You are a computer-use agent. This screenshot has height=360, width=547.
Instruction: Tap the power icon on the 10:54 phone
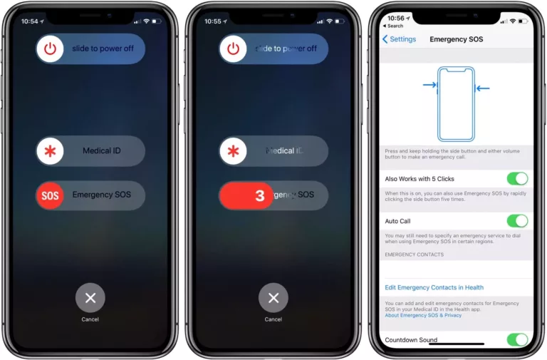click(50, 49)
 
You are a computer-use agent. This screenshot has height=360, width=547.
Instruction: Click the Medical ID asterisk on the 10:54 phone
click(50, 151)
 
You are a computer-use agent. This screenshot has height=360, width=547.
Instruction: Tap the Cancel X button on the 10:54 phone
click(90, 298)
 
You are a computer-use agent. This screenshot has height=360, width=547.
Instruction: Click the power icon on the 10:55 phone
click(233, 49)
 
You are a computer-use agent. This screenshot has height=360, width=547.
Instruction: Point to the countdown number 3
click(259, 195)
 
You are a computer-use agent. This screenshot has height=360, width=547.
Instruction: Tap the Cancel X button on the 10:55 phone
click(273, 298)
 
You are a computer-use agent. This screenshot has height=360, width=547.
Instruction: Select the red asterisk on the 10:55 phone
click(233, 151)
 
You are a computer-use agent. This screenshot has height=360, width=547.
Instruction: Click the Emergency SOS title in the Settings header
click(456, 39)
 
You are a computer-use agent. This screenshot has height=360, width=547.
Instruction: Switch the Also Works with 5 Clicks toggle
click(517, 178)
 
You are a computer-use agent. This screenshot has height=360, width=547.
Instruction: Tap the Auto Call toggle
click(517, 221)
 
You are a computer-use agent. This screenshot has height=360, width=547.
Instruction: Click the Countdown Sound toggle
click(517, 339)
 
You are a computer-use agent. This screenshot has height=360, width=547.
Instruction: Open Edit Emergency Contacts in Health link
click(434, 287)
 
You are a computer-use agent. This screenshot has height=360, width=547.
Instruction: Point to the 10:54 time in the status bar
click(31, 21)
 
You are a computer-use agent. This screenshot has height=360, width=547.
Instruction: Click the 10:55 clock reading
click(213, 21)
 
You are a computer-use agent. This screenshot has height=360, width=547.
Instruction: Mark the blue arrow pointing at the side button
click(483, 88)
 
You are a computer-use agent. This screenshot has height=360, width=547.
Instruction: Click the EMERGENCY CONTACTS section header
click(414, 254)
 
